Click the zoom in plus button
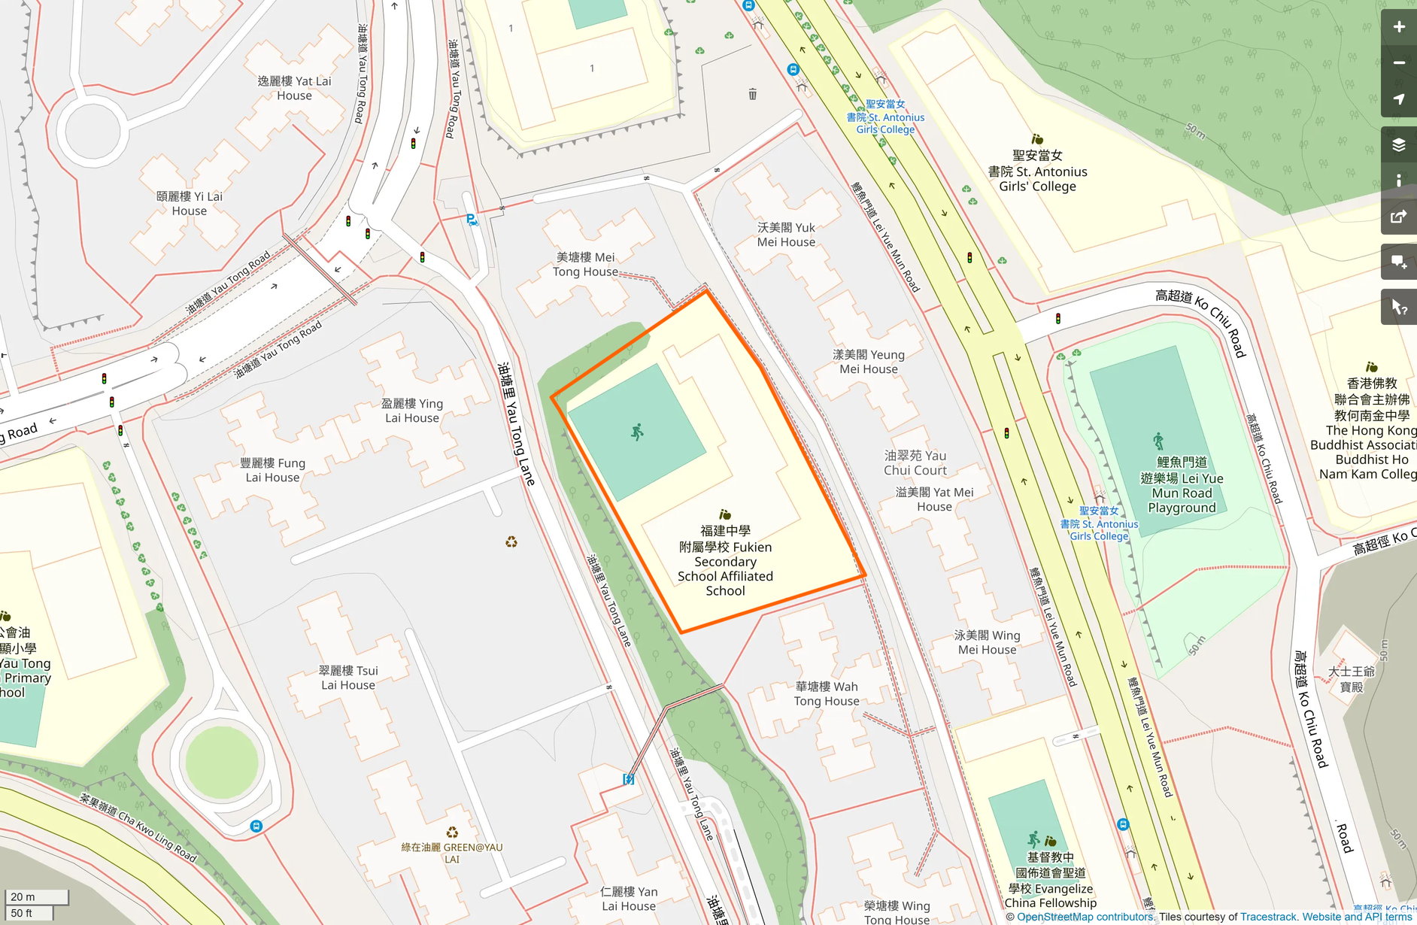point(1398,27)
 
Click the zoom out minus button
point(1398,63)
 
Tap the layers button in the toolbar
point(1398,144)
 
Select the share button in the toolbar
point(1398,217)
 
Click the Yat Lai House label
point(294,88)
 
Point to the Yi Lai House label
point(190,203)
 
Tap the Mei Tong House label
point(585,264)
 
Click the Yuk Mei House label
point(786,235)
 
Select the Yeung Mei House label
point(869,362)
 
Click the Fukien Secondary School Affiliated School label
point(725,561)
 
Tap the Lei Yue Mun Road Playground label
point(1182,485)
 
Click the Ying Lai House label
point(412,411)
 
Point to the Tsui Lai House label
point(348,678)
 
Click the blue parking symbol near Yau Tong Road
point(471,220)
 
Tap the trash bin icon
point(752,94)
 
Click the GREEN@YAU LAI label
point(451,852)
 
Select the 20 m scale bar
point(36,896)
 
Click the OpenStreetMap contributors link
point(1085,917)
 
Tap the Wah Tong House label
point(826,693)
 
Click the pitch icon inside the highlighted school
point(637,432)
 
